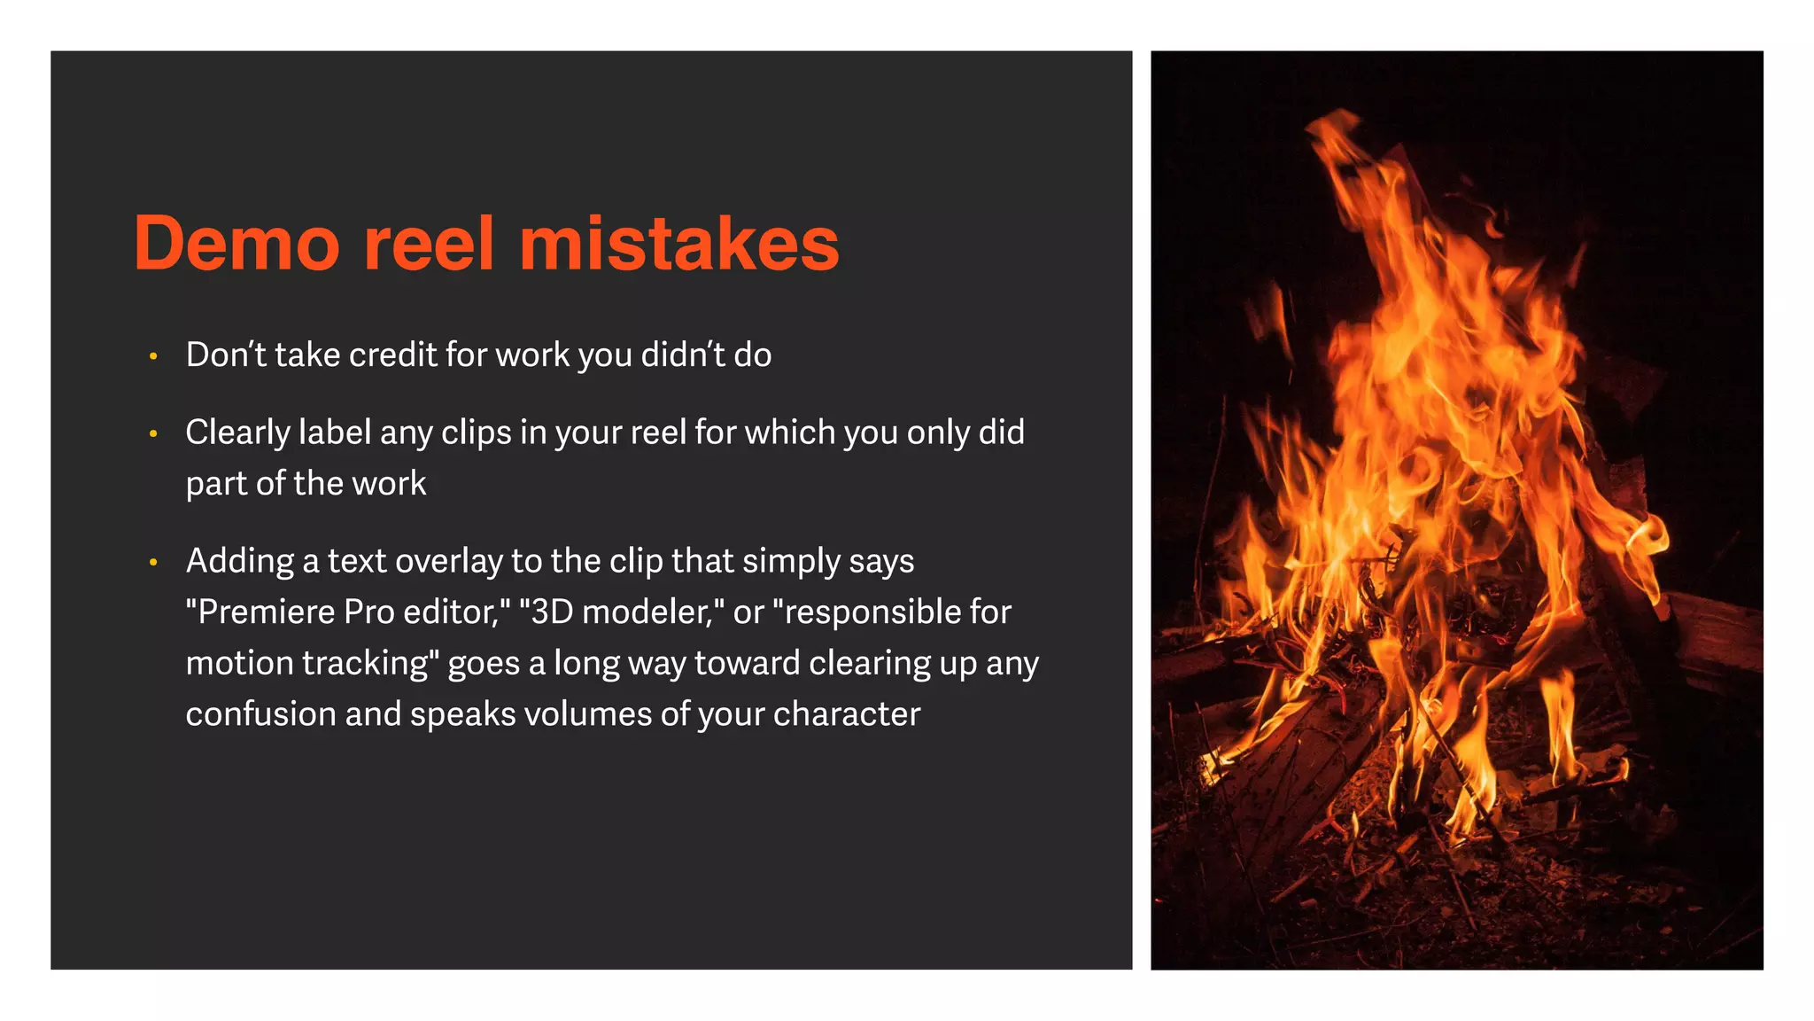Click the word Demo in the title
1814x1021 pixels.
(x=236, y=244)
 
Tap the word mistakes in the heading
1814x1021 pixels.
(x=678, y=244)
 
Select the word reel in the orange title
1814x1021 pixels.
(x=429, y=244)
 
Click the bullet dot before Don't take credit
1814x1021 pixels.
(x=153, y=356)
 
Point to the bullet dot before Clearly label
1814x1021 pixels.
(x=153, y=434)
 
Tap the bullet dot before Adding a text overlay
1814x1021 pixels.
(x=153, y=563)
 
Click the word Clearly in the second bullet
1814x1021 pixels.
(x=237, y=433)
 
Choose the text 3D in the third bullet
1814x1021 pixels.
(x=550, y=612)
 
